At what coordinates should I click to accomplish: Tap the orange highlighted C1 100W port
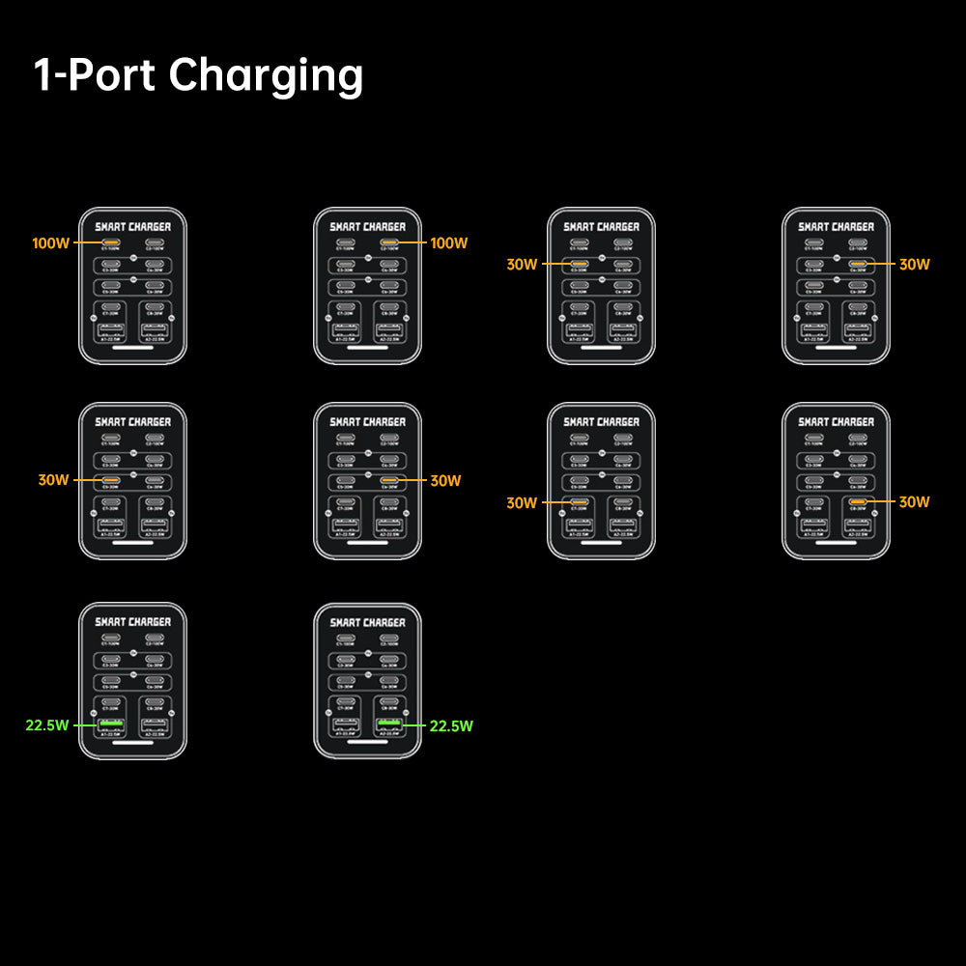click(111, 242)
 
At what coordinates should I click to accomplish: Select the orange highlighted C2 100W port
click(389, 242)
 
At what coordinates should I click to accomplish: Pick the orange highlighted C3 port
click(580, 263)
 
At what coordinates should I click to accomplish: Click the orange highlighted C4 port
click(857, 263)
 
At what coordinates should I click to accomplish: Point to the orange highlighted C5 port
click(111, 479)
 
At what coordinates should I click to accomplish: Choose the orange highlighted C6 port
click(389, 479)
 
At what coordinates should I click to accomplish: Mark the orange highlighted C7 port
click(580, 502)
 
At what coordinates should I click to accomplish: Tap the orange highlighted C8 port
click(857, 502)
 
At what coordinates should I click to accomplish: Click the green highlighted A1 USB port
click(111, 724)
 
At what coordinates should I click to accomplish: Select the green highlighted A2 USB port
click(389, 724)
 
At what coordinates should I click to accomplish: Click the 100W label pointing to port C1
click(50, 243)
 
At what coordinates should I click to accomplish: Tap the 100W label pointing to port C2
click(449, 243)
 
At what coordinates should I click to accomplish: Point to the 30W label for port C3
click(522, 264)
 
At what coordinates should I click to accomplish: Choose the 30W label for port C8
click(914, 502)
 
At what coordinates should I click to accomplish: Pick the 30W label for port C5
click(53, 480)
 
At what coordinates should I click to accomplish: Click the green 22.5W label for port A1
click(47, 725)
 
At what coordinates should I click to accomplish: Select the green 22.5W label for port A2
click(451, 725)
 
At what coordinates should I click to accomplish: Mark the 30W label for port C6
click(445, 480)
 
